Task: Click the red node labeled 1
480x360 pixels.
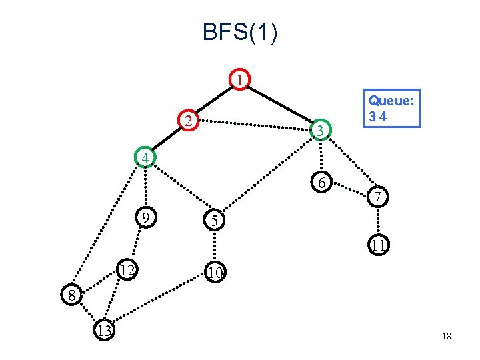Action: [240, 79]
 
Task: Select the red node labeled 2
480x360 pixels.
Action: [189, 120]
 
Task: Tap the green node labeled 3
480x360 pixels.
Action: [321, 130]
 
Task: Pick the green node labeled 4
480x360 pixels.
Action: [145, 157]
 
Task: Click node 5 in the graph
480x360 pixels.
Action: [214, 220]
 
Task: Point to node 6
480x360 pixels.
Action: [321, 182]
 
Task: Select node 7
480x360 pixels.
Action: [378, 197]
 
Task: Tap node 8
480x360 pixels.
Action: [71, 295]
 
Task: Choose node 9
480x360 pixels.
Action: [146, 217]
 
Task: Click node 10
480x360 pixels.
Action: [215, 272]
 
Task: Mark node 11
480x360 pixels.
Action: [379, 245]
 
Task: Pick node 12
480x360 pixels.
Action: [127, 269]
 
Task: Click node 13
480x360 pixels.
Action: [104, 330]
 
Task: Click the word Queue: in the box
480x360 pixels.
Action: [391, 101]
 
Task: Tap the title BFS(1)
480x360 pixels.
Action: [240, 31]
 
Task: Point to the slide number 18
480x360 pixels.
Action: [447, 336]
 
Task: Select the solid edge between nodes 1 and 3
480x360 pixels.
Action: [280, 105]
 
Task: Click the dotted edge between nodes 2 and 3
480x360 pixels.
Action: [255, 125]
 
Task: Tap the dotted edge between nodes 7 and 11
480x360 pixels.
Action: [379, 221]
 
